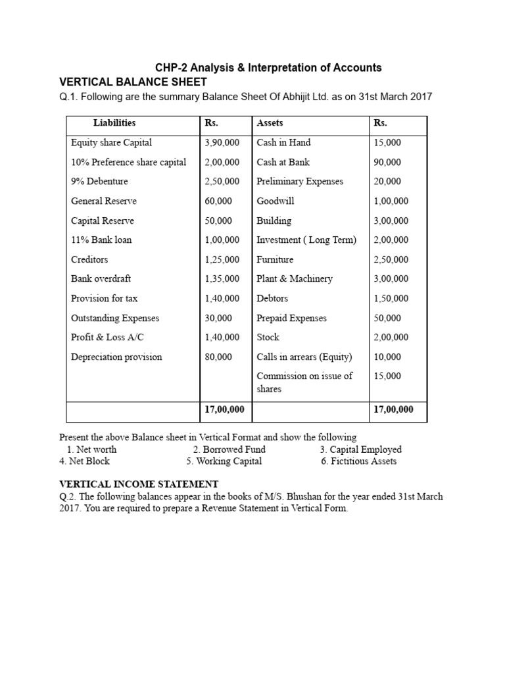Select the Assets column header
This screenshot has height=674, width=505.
[x=270, y=122]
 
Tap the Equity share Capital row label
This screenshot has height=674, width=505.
[x=111, y=142]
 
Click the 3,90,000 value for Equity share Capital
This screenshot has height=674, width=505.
[x=222, y=142]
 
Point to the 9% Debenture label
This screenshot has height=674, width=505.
[x=99, y=181]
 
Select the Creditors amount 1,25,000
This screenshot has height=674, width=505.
[x=222, y=259]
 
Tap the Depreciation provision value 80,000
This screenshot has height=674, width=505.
[x=218, y=357]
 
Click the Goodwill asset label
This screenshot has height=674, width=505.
[x=276, y=201]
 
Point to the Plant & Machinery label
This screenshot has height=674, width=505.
[x=295, y=278]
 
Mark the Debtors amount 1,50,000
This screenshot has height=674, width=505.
[x=391, y=298]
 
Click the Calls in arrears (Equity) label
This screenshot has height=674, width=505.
[x=304, y=357]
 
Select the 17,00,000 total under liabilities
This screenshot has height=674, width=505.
[x=224, y=409]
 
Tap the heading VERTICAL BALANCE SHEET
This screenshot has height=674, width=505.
[x=133, y=82]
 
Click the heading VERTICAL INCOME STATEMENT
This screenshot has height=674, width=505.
[x=138, y=484]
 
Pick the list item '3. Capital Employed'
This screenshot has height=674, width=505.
[x=360, y=450]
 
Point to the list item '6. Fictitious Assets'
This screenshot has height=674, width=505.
[x=359, y=461]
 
